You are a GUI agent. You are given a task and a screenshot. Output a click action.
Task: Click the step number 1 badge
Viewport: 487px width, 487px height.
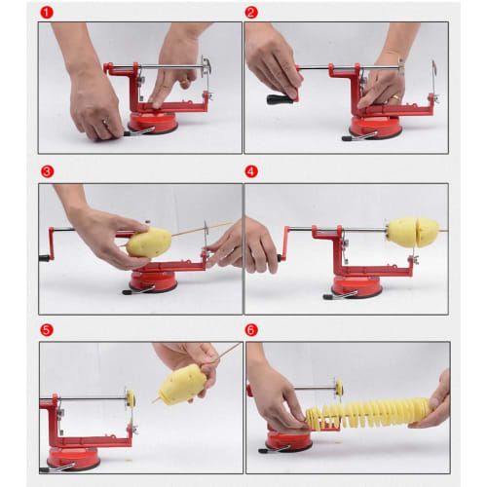coord(46,13)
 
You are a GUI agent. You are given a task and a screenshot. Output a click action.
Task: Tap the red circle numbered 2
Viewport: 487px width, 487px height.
coord(251,13)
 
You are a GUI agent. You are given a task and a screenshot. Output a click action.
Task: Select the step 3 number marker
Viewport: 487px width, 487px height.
coord(46,171)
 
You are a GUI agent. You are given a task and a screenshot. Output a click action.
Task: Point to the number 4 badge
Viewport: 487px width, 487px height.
coord(251,171)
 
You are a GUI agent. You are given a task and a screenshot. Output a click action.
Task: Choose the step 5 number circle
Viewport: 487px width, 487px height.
coord(46,329)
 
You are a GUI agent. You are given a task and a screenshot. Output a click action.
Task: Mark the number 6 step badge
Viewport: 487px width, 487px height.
coord(251,329)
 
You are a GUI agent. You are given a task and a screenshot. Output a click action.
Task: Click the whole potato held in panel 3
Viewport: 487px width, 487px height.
coord(149,243)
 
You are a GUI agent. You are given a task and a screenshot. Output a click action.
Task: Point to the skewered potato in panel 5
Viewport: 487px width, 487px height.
coord(182,384)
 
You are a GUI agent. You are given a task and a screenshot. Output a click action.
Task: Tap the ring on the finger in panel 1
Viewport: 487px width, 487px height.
coord(106,123)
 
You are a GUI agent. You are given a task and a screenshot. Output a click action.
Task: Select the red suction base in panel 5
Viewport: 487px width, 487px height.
coord(74,456)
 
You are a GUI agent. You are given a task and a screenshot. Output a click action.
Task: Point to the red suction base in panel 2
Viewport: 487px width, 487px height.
coord(374,128)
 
